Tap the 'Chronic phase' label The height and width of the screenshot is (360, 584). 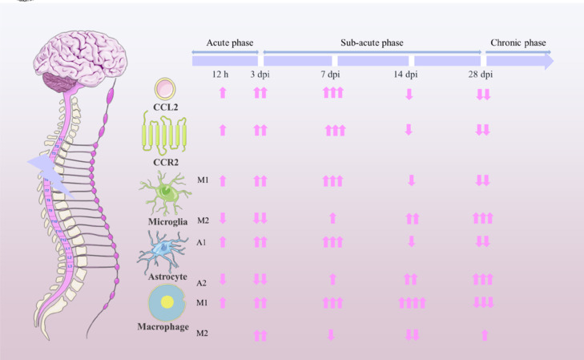point(518,42)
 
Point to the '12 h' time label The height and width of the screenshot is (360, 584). point(221,75)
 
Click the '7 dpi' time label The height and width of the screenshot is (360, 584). point(332,75)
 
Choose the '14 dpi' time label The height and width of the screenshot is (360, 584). point(406,75)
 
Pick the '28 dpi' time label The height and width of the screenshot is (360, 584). point(481,75)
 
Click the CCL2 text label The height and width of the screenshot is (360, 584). point(165,104)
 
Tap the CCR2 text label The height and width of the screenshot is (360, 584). point(164,160)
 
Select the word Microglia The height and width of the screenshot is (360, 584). point(164,220)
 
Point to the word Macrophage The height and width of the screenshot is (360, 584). point(163,327)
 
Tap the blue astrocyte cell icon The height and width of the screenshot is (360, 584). point(163,249)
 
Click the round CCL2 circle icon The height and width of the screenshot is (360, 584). point(164,87)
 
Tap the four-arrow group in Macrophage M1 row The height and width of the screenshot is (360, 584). point(411,302)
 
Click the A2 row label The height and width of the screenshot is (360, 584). point(201,281)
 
